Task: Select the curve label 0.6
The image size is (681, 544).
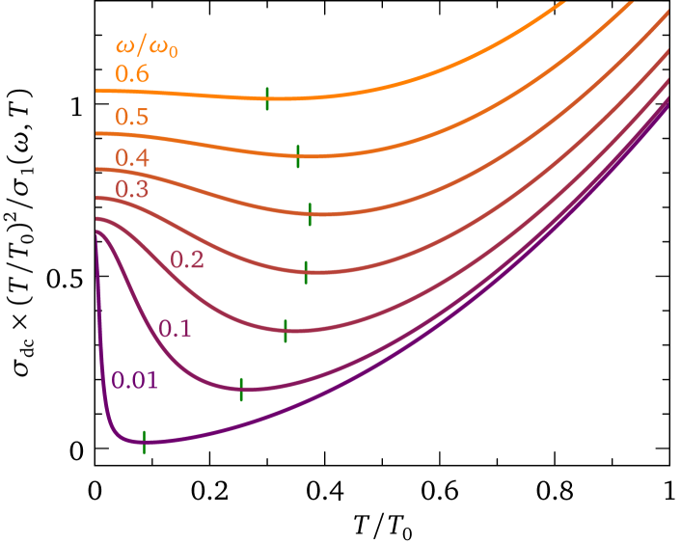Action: [x=132, y=74]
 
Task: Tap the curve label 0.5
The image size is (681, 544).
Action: [x=132, y=118]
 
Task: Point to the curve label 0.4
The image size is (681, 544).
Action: [x=132, y=157]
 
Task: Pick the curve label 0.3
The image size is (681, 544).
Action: [x=132, y=189]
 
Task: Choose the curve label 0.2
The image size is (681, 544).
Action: [x=187, y=259]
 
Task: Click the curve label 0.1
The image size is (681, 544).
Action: [x=176, y=329]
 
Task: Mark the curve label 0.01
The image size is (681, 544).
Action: [x=134, y=380]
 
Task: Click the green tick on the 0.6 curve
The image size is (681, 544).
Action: [x=267, y=97]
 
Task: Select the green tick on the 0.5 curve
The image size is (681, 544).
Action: [x=298, y=155]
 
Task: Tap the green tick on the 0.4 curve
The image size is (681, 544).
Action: [x=310, y=214]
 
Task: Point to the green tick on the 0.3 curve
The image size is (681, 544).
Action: [x=306, y=272]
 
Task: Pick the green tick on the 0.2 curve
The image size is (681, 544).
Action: [x=286, y=331]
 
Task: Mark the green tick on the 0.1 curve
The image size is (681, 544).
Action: [x=241, y=388]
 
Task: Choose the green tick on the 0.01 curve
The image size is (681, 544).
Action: [x=144, y=442]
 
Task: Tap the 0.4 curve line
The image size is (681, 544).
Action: [x=434, y=186]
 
